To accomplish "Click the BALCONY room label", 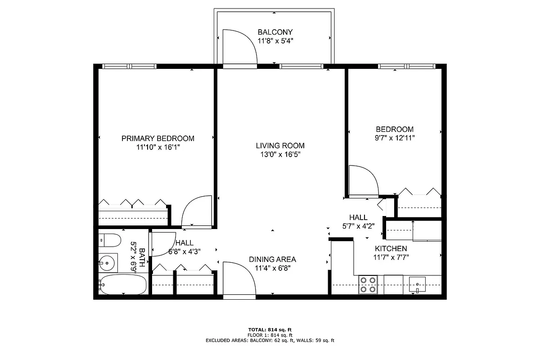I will pyautogui.click(x=275, y=32).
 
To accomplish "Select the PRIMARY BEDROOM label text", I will pyautogui.click(x=158, y=138).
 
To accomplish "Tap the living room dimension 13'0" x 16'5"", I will pyautogui.click(x=280, y=154).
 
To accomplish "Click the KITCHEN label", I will pyautogui.click(x=391, y=248).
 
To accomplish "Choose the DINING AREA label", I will pyautogui.click(x=272, y=259).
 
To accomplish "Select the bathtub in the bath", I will pyautogui.click(x=123, y=285).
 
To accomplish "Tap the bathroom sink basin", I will pyautogui.click(x=108, y=262).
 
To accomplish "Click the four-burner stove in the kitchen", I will pyautogui.click(x=368, y=285).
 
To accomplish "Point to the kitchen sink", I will pyautogui.click(x=418, y=285).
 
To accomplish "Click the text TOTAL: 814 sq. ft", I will pyautogui.click(x=270, y=329).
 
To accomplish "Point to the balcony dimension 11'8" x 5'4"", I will pyautogui.click(x=275, y=40).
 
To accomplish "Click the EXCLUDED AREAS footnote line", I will pyautogui.click(x=270, y=341).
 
